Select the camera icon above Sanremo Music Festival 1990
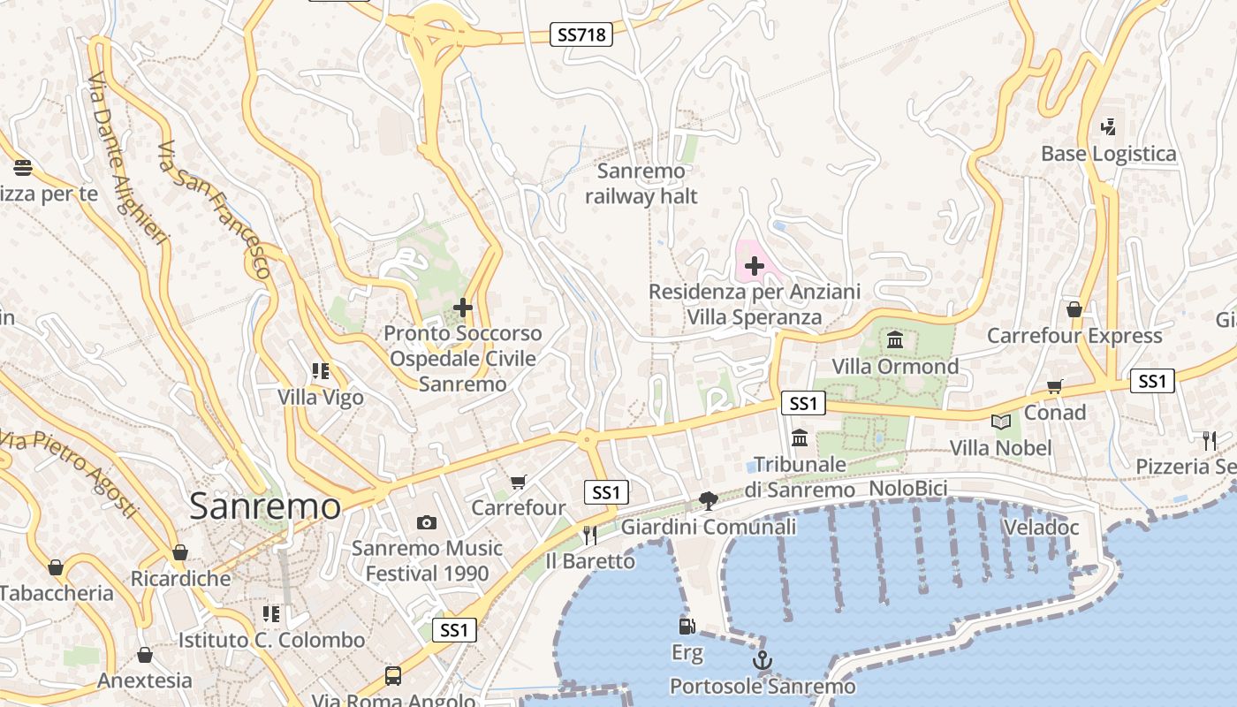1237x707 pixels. (x=427, y=522)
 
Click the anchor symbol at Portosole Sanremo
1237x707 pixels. (x=762, y=660)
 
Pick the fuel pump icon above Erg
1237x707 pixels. (x=687, y=627)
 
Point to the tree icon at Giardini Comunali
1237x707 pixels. (x=707, y=501)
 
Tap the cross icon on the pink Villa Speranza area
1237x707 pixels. (x=754, y=265)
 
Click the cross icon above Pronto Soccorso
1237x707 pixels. (x=462, y=308)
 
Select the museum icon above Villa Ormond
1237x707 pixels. (x=894, y=340)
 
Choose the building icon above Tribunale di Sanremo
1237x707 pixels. (x=800, y=437)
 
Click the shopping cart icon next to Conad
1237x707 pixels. (x=1054, y=386)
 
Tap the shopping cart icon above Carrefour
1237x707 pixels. (x=518, y=482)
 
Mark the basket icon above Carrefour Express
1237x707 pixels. (x=1074, y=309)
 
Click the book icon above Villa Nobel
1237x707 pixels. (x=1000, y=422)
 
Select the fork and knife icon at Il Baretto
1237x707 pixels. (x=589, y=535)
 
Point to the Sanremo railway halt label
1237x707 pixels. (x=641, y=184)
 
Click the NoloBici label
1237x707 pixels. (x=908, y=489)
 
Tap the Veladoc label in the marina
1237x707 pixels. (x=1041, y=528)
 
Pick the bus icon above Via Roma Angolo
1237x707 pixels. (x=393, y=676)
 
